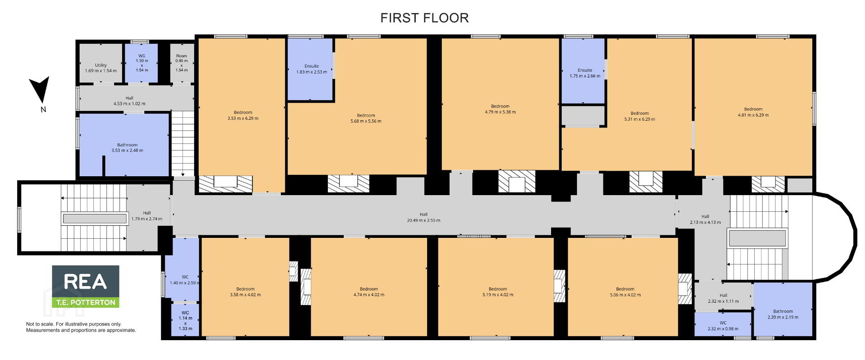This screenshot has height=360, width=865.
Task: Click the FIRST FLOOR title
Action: click(424, 18)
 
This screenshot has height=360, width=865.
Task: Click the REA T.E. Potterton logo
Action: click(86, 287)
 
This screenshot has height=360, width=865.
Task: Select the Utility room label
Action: click(101, 68)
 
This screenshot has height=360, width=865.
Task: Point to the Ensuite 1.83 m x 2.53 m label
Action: click(312, 69)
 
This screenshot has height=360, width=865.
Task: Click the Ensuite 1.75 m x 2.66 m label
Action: click(585, 73)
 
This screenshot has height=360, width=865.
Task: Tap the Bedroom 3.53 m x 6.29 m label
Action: click(243, 115)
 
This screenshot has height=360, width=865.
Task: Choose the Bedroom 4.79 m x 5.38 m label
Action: click(500, 109)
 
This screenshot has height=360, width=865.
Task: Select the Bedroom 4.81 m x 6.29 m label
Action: click(753, 112)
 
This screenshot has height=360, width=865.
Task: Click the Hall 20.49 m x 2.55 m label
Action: click(423, 218)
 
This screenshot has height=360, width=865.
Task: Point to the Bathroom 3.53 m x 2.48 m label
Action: click(127, 148)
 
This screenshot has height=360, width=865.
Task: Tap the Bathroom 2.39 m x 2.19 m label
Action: click(783, 314)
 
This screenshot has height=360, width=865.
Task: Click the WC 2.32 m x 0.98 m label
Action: click(723, 326)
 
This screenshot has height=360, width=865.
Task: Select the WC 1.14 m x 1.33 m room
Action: click(185, 320)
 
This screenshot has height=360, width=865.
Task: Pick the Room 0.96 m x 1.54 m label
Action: click(182, 63)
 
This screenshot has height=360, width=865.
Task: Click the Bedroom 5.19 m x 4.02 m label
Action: click(498, 292)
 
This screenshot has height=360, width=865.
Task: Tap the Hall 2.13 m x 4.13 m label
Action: click(705, 219)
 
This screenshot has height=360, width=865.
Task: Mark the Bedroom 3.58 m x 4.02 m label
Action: click(245, 292)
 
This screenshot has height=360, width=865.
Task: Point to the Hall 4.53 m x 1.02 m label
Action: click(129, 101)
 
